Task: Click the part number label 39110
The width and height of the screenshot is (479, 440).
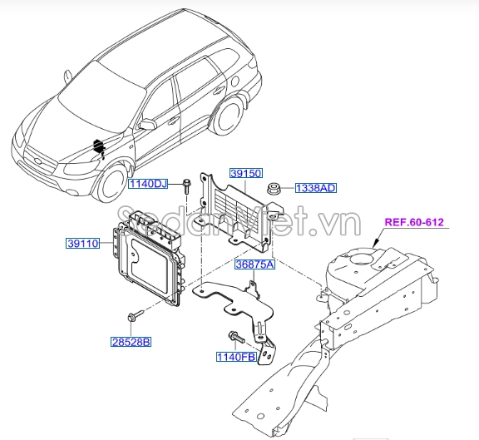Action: (x=84, y=244)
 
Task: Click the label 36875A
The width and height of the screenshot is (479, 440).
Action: (x=254, y=265)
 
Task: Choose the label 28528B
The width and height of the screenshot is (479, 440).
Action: (x=131, y=342)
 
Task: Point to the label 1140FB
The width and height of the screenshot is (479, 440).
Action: (x=235, y=358)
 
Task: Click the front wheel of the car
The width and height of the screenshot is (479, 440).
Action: (x=111, y=187)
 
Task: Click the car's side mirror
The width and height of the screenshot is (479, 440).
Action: (x=148, y=124)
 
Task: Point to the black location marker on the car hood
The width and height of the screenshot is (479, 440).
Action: (x=100, y=148)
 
